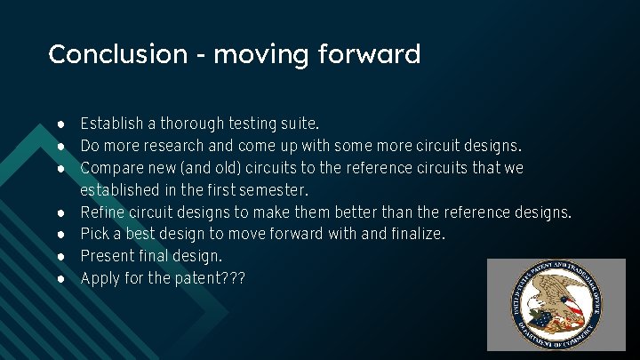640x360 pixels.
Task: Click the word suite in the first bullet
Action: [299, 123]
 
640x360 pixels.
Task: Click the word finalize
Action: [414, 235]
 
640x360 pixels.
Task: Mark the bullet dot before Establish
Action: [58, 123]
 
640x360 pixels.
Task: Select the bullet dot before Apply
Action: [58, 279]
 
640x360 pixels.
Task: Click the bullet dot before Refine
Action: [58, 212]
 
